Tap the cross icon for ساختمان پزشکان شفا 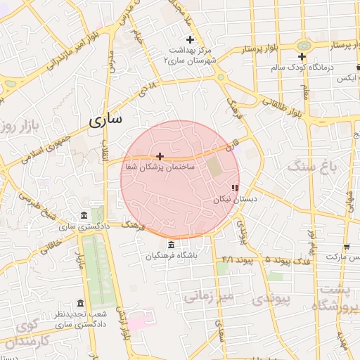[x=160, y=156]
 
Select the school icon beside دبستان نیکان [x=235, y=188]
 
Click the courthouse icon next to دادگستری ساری [x=84, y=215]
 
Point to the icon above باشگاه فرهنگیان [x=172, y=245]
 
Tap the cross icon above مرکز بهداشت [x=189, y=39]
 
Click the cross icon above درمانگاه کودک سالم [x=302, y=57]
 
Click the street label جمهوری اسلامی [x=41, y=147]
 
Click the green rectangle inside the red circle [x=213, y=166]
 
